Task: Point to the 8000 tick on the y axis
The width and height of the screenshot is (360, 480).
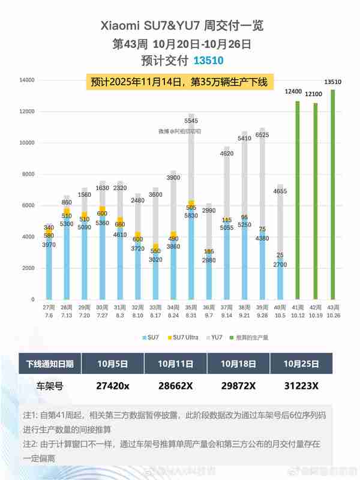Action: (26, 174)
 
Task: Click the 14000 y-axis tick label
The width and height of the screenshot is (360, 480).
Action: (25, 80)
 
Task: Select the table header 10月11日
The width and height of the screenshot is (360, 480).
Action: (175, 364)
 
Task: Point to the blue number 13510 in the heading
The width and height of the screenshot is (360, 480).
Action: (209, 61)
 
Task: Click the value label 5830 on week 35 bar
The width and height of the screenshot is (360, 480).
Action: (192, 215)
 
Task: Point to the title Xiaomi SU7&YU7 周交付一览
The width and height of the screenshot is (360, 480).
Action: (181, 26)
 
